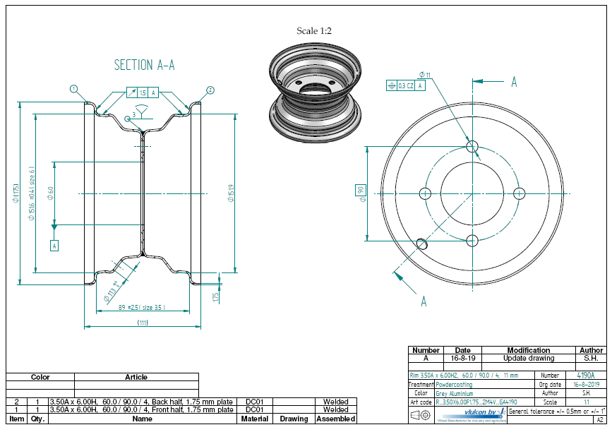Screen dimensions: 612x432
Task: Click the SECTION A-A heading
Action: [x=144, y=65]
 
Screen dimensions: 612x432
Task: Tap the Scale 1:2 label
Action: [x=314, y=31]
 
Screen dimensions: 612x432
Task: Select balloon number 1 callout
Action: [x=73, y=89]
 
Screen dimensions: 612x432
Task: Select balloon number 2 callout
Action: [x=210, y=90]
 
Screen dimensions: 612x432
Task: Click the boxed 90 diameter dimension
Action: [x=360, y=191]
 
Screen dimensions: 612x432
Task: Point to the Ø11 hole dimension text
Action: [x=424, y=74]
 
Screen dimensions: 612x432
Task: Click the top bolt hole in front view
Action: [x=472, y=146]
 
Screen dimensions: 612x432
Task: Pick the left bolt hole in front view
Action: [x=425, y=193]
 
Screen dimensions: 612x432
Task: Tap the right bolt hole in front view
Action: [x=520, y=193]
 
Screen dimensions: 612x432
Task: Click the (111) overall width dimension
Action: [x=143, y=323]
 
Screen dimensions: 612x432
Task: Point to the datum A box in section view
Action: [x=54, y=246]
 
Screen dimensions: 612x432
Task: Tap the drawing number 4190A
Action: [x=585, y=376]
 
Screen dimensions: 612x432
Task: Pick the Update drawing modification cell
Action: [x=528, y=358]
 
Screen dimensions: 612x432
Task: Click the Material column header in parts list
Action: [x=254, y=419]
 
